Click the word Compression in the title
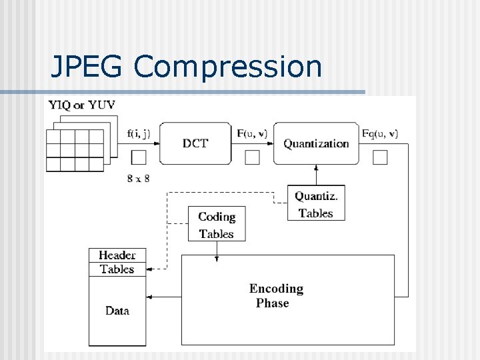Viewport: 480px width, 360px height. pos(228,68)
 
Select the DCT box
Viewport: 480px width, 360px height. pos(195,143)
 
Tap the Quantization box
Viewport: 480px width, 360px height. pos(316,143)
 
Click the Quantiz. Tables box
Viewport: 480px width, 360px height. pos(316,204)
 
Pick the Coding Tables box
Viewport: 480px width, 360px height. pos(217,225)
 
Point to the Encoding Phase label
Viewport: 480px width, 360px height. pos(276,295)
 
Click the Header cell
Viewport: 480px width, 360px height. pos(117,255)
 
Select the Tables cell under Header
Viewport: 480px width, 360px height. pos(117,269)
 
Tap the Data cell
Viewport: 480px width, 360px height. pos(117,311)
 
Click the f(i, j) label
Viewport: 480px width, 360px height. pos(139,133)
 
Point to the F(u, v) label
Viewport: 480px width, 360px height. pos(252,133)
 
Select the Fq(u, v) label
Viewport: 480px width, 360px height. pos(380,133)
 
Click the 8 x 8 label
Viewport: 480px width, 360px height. pos(139,178)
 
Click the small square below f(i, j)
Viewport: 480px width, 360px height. pos(139,157)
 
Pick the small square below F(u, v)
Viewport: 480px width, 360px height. pos(252,157)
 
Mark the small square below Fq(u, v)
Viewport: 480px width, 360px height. pos(380,157)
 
